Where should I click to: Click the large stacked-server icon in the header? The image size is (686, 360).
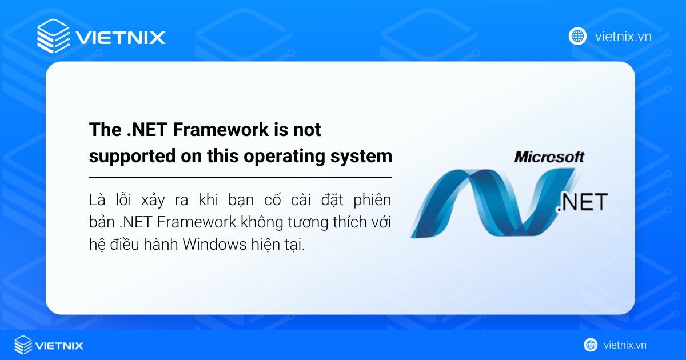[53, 37]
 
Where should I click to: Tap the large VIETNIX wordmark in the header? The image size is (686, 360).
[121, 38]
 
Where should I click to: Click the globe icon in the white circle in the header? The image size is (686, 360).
[578, 37]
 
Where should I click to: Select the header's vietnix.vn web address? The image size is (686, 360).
[623, 37]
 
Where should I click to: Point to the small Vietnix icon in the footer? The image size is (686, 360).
[23, 345]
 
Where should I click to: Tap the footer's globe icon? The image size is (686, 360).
[591, 345]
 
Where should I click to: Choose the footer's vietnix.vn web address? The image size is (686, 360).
[625, 345]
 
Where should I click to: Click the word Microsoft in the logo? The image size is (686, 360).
[549, 157]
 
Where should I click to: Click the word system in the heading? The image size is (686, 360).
[365, 156]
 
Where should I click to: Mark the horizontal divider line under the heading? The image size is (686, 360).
[240, 178]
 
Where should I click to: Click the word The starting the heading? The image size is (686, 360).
[103, 130]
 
